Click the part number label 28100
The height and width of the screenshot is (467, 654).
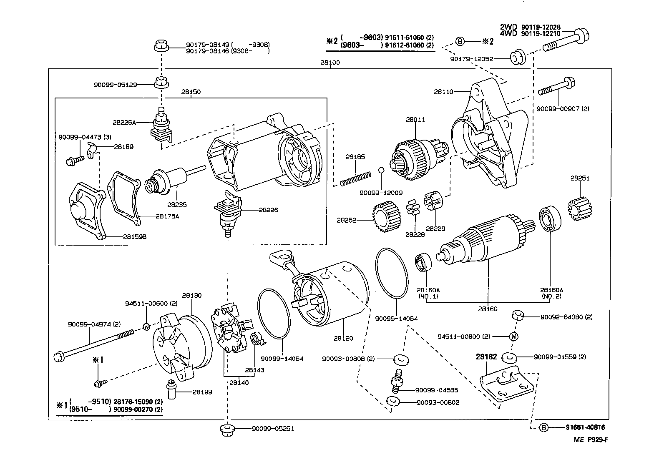tap(330, 63)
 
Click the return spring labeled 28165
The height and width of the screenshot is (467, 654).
tap(355, 178)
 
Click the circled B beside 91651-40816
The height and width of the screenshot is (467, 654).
tap(543, 427)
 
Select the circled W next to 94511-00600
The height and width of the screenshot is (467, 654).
tap(146, 326)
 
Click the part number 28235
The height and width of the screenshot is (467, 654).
tap(177, 205)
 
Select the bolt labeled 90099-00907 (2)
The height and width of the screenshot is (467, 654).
tap(556, 88)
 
